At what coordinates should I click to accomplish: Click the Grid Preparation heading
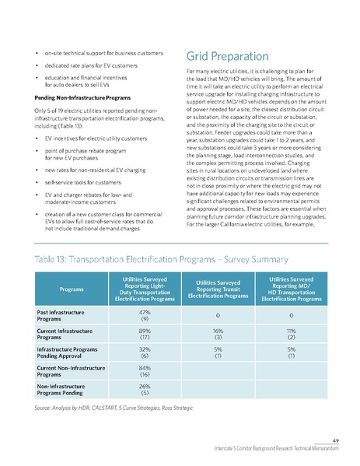228,56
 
